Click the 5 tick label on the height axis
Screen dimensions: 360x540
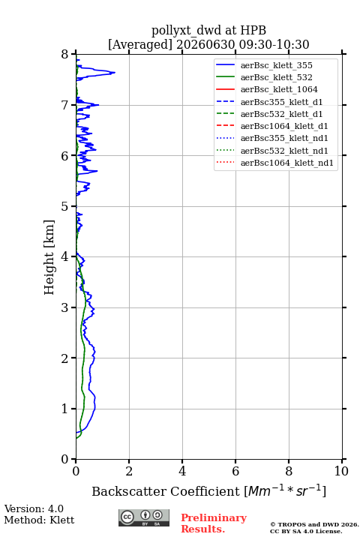tap(65, 206)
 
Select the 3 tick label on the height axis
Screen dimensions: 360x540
tap(65, 307)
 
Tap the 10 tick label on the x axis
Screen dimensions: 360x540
tap(341, 471)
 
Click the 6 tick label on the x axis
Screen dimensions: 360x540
tap(235, 471)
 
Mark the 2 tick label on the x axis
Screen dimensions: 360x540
tap(129, 471)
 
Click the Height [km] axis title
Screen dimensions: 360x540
tap(49, 257)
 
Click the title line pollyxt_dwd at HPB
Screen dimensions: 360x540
tap(208, 30)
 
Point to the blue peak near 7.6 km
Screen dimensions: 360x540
tap(115, 72)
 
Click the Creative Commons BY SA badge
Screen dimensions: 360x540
tap(144, 517)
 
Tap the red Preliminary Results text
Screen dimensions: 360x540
tap(214, 523)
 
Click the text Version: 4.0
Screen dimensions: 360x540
tap(34, 508)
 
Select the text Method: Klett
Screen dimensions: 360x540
tap(39, 520)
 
